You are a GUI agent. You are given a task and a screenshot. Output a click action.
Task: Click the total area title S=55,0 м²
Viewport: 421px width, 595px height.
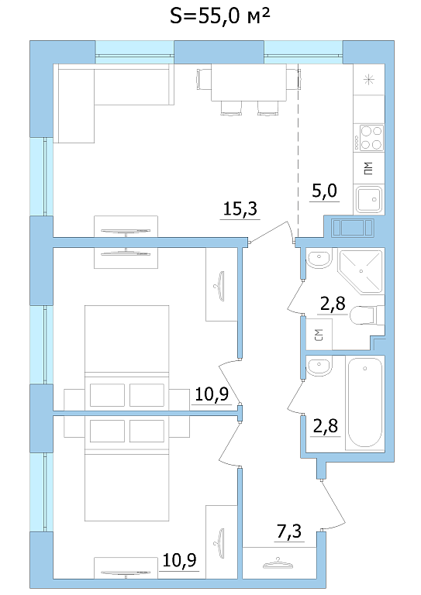[219, 16]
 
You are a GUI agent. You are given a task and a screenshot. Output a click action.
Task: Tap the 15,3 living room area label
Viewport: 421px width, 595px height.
[240, 208]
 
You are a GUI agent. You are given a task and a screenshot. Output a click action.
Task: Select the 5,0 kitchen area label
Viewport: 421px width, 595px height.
[324, 191]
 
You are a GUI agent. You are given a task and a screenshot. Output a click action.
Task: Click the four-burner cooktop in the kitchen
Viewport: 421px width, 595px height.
[368, 138]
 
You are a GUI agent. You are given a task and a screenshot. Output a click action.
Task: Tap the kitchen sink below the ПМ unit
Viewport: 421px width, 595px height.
[368, 199]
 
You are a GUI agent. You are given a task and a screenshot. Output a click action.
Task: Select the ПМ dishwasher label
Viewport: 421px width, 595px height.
[368, 168]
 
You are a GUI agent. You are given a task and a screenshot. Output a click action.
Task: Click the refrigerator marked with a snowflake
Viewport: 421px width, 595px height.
[368, 80]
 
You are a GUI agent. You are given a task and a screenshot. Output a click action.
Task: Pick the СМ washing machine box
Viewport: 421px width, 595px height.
[319, 335]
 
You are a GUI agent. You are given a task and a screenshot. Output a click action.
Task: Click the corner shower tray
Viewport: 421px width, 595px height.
[360, 270]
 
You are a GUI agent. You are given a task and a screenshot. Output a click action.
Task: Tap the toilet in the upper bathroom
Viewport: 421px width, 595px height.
[367, 316]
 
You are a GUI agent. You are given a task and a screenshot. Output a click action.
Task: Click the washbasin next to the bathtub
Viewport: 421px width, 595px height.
[319, 366]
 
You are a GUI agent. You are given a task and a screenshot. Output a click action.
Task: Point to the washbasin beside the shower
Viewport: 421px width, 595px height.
[319, 259]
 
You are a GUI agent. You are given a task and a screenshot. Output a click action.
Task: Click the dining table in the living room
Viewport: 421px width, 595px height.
[249, 82]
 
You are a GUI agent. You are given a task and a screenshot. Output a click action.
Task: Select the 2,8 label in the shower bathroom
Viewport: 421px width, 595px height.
[333, 304]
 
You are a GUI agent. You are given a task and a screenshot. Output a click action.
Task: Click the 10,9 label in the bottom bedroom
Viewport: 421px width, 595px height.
[180, 559]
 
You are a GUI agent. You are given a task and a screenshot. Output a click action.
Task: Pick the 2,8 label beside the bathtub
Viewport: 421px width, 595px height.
[326, 426]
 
